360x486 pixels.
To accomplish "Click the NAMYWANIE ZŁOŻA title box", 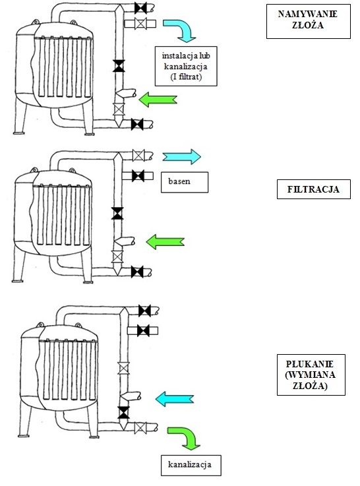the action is coord(309,21).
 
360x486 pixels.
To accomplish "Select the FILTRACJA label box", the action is coord(314,189).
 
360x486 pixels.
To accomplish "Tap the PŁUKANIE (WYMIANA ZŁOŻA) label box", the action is coord(311,375).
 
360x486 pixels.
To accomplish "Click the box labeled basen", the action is coord(185,182).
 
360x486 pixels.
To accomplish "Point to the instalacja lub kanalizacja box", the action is coord(186,67).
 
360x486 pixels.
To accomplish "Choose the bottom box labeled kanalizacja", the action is coord(191,466).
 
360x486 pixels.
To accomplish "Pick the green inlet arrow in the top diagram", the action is coord(158,100).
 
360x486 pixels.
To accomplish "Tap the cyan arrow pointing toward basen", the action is coord(182,156).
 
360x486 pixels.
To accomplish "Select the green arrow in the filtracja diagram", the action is coord(165,241).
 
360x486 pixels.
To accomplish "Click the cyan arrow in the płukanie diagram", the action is coord(175,399).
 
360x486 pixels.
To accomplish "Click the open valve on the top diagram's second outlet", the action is coord(141,24).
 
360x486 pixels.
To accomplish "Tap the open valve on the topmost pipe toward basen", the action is coord(138,155).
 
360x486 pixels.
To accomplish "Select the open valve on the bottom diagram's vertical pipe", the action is coord(123,368).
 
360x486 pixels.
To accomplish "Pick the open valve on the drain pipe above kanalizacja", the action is coord(140,428).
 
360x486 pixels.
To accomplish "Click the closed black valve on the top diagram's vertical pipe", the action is coord(119,66).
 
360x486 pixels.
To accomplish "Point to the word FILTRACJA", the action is coord(313,189).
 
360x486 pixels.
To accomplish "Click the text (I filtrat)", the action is coord(186,76).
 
